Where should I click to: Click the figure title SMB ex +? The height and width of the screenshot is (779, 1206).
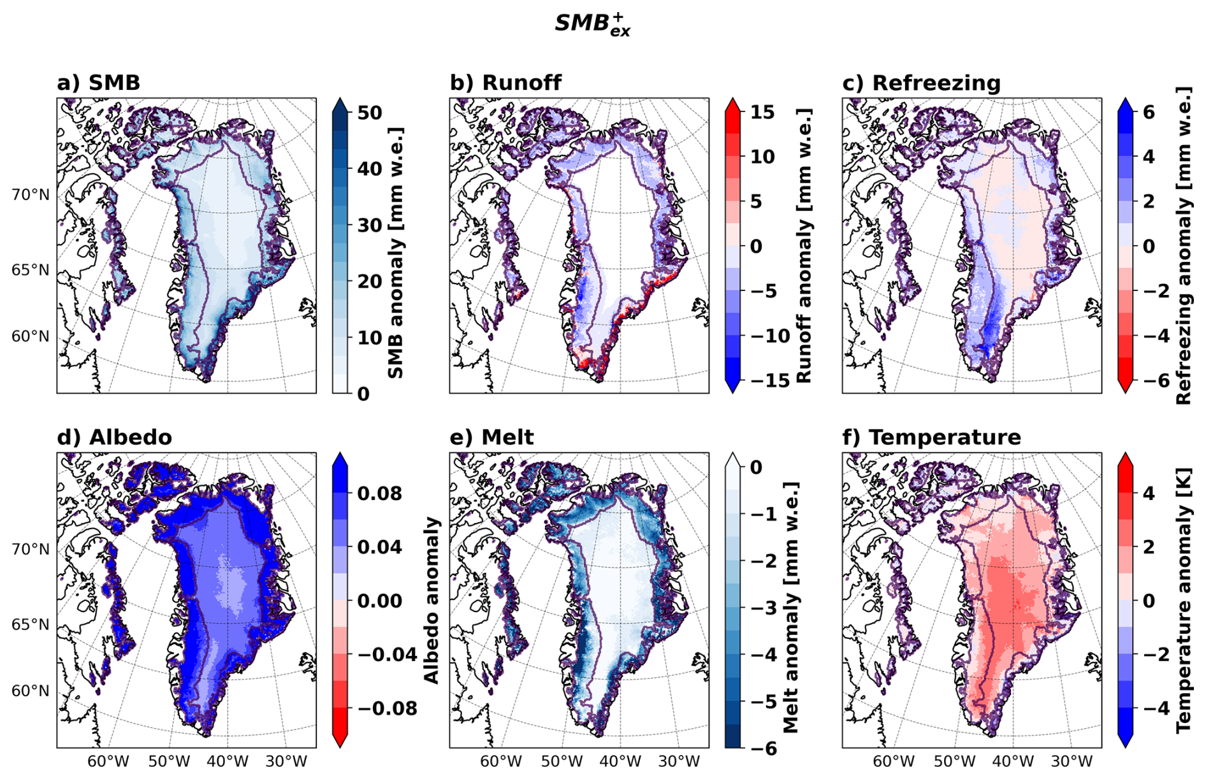pyautogui.click(x=593, y=24)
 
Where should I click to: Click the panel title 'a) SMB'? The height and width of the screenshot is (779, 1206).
pyautogui.click(x=98, y=83)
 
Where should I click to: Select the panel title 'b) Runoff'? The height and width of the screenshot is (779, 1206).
pyautogui.click(x=505, y=83)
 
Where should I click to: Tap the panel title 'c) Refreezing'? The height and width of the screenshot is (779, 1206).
pyautogui.click(x=921, y=83)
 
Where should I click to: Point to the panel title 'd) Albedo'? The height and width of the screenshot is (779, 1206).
pyautogui.click(x=114, y=438)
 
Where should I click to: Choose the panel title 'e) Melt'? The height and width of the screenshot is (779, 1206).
pyautogui.click(x=491, y=438)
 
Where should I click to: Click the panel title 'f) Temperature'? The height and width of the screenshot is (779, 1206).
pyautogui.click(x=931, y=438)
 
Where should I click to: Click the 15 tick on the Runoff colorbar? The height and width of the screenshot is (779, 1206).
pyautogui.click(x=762, y=112)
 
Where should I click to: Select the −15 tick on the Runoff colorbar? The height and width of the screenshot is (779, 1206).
pyautogui.click(x=757, y=380)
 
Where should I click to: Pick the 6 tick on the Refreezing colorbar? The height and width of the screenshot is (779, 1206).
pyautogui.click(x=1149, y=112)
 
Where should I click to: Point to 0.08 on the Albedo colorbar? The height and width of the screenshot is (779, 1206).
pyautogui.click(x=379, y=493)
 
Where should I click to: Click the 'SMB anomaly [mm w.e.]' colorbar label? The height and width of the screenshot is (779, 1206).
pyautogui.click(x=396, y=252)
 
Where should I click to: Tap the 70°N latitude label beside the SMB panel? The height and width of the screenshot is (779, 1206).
pyautogui.click(x=30, y=195)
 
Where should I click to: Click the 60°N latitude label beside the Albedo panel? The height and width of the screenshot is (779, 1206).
pyautogui.click(x=30, y=691)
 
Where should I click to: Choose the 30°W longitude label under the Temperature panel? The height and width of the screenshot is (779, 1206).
pyautogui.click(x=1072, y=761)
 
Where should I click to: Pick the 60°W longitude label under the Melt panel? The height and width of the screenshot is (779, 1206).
pyautogui.click(x=502, y=761)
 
